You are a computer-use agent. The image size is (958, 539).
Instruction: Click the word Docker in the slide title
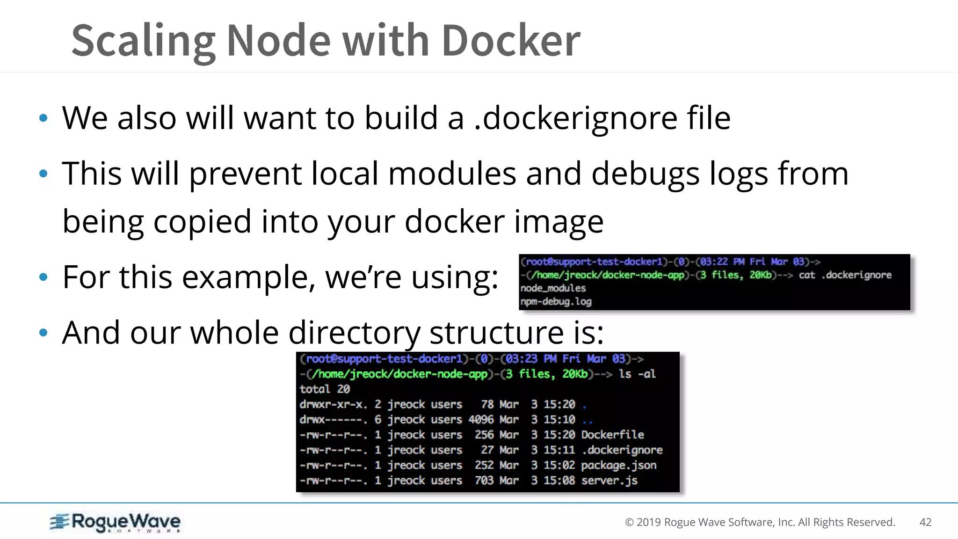(x=510, y=41)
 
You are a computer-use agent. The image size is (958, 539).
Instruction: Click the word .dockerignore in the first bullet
(x=575, y=118)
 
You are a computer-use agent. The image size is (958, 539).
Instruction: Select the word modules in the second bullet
(x=452, y=174)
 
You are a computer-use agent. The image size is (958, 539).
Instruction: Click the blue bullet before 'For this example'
(x=44, y=277)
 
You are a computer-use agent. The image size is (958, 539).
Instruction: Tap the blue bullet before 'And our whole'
(x=44, y=333)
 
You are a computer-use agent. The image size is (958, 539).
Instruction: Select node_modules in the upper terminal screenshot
(x=553, y=288)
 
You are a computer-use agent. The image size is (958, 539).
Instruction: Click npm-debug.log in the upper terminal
(x=556, y=302)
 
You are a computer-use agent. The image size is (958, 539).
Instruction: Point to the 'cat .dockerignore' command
(x=845, y=275)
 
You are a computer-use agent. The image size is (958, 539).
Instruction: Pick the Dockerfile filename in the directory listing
(x=612, y=435)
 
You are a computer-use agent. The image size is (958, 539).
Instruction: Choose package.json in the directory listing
(x=618, y=465)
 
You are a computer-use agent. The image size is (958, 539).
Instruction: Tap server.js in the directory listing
(x=609, y=481)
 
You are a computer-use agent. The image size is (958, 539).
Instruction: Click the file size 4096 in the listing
(x=481, y=420)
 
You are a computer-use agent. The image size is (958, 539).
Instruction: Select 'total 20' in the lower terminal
(x=325, y=389)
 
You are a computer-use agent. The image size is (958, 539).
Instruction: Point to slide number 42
(x=925, y=522)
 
